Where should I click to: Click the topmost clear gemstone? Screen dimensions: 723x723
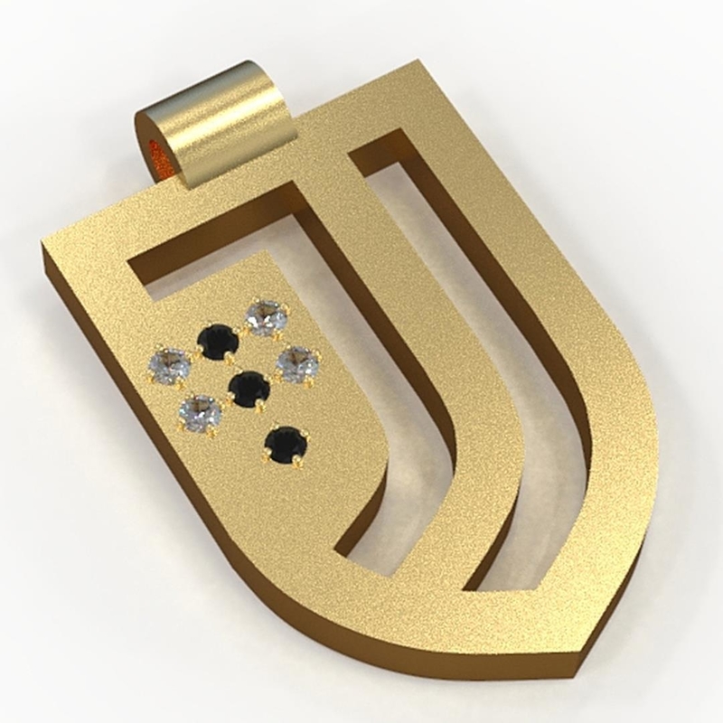[x=268, y=318]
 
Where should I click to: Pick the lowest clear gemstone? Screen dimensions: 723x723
[x=200, y=413]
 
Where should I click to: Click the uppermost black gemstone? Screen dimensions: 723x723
[x=219, y=343]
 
